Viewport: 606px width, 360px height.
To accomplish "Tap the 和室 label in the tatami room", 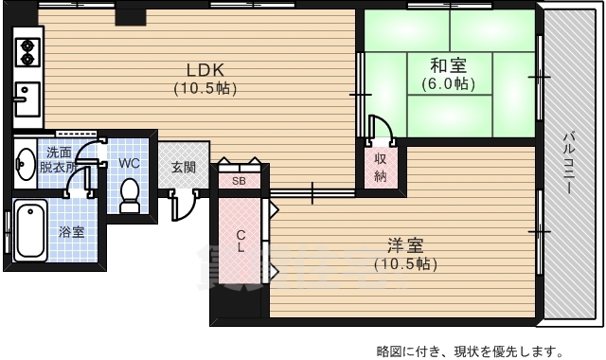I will click(448, 65).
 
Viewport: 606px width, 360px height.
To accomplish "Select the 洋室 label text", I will click(404, 243).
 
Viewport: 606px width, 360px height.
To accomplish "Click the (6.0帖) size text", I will click(448, 83).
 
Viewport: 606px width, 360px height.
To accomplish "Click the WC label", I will click(130, 162).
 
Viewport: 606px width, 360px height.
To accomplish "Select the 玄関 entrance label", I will click(184, 167).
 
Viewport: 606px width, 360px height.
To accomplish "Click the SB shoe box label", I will click(239, 179).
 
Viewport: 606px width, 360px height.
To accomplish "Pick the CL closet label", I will click(241, 241).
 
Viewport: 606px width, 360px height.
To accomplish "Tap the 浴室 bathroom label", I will click(72, 231).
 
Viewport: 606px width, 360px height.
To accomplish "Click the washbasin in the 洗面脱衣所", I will click(25, 162).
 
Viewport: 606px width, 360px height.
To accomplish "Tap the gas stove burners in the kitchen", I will click(27, 51).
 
